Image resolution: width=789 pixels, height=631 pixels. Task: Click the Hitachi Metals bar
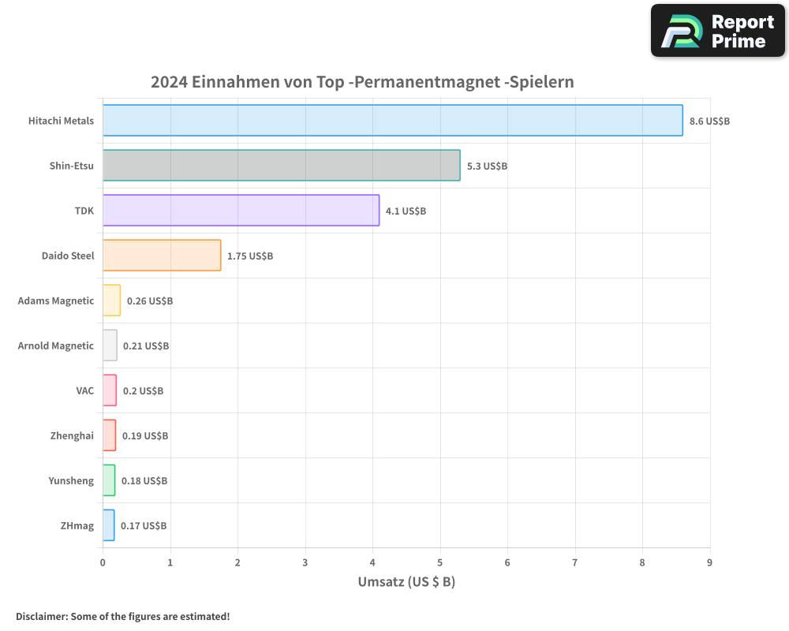(x=392, y=121)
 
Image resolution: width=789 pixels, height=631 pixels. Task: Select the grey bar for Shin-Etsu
(x=281, y=166)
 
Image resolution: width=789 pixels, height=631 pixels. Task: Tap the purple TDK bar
(x=241, y=211)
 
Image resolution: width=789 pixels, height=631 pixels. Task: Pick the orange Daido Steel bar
(x=162, y=256)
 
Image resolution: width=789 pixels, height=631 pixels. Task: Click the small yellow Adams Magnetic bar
(x=111, y=301)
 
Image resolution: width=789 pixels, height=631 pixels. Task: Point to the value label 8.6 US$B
(x=709, y=121)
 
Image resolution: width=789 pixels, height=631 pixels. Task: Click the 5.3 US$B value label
(x=487, y=166)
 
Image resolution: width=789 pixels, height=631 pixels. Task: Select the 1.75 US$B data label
(x=250, y=256)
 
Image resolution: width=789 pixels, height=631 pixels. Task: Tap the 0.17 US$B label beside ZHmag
(x=144, y=526)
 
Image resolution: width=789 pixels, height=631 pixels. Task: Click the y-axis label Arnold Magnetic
(x=56, y=345)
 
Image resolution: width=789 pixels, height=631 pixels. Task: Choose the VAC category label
(x=84, y=390)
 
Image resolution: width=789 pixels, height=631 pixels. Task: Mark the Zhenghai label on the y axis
(x=72, y=435)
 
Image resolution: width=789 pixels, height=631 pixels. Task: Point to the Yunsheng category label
(x=71, y=480)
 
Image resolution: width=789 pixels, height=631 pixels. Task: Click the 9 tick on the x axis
(x=710, y=562)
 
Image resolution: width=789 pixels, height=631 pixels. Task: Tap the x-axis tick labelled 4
(x=372, y=562)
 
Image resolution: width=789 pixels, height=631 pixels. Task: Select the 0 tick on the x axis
(x=103, y=562)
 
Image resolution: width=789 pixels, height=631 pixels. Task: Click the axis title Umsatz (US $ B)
(x=406, y=582)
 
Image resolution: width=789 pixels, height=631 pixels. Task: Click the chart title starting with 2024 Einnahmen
(x=362, y=82)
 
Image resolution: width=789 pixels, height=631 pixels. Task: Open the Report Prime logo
(x=717, y=31)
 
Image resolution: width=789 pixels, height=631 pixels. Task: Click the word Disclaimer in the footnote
(x=41, y=616)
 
